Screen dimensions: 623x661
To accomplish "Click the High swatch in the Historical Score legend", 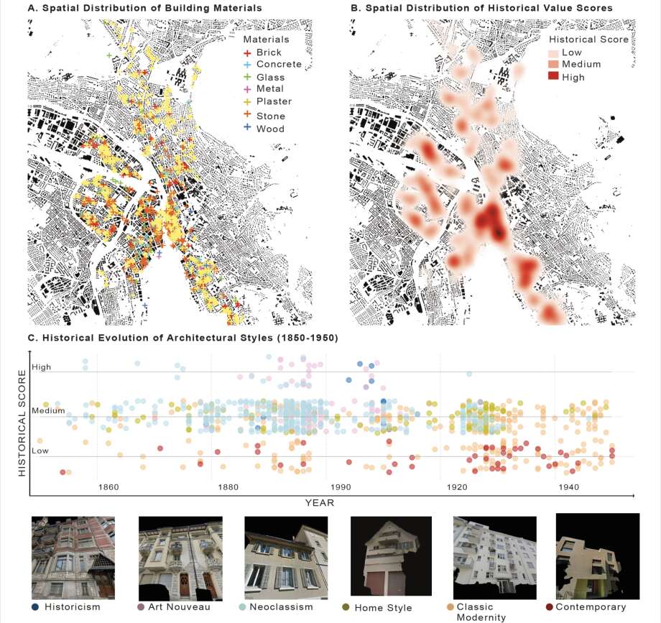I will [555, 77].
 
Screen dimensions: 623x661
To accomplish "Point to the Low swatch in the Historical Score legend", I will [555, 52].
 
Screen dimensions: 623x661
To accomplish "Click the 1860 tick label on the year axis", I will [108, 487].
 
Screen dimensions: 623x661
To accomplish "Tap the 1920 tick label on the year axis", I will [457, 487].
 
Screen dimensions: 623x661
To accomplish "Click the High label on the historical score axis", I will [41, 367].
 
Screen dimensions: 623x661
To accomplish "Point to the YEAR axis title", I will [320, 502].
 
